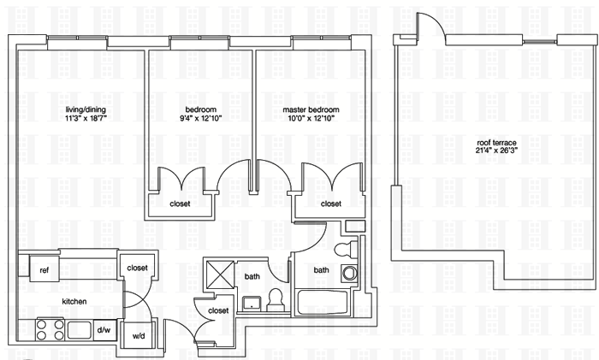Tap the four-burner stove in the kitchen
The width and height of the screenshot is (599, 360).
click(48, 329)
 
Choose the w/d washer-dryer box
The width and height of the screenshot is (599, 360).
click(138, 336)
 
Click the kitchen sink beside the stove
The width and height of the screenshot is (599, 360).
click(80, 329)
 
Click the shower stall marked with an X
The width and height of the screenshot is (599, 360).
click(219, 276)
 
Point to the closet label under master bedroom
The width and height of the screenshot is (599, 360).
click(331, 204)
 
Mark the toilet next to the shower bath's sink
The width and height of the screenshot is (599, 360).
click(275, 298)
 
